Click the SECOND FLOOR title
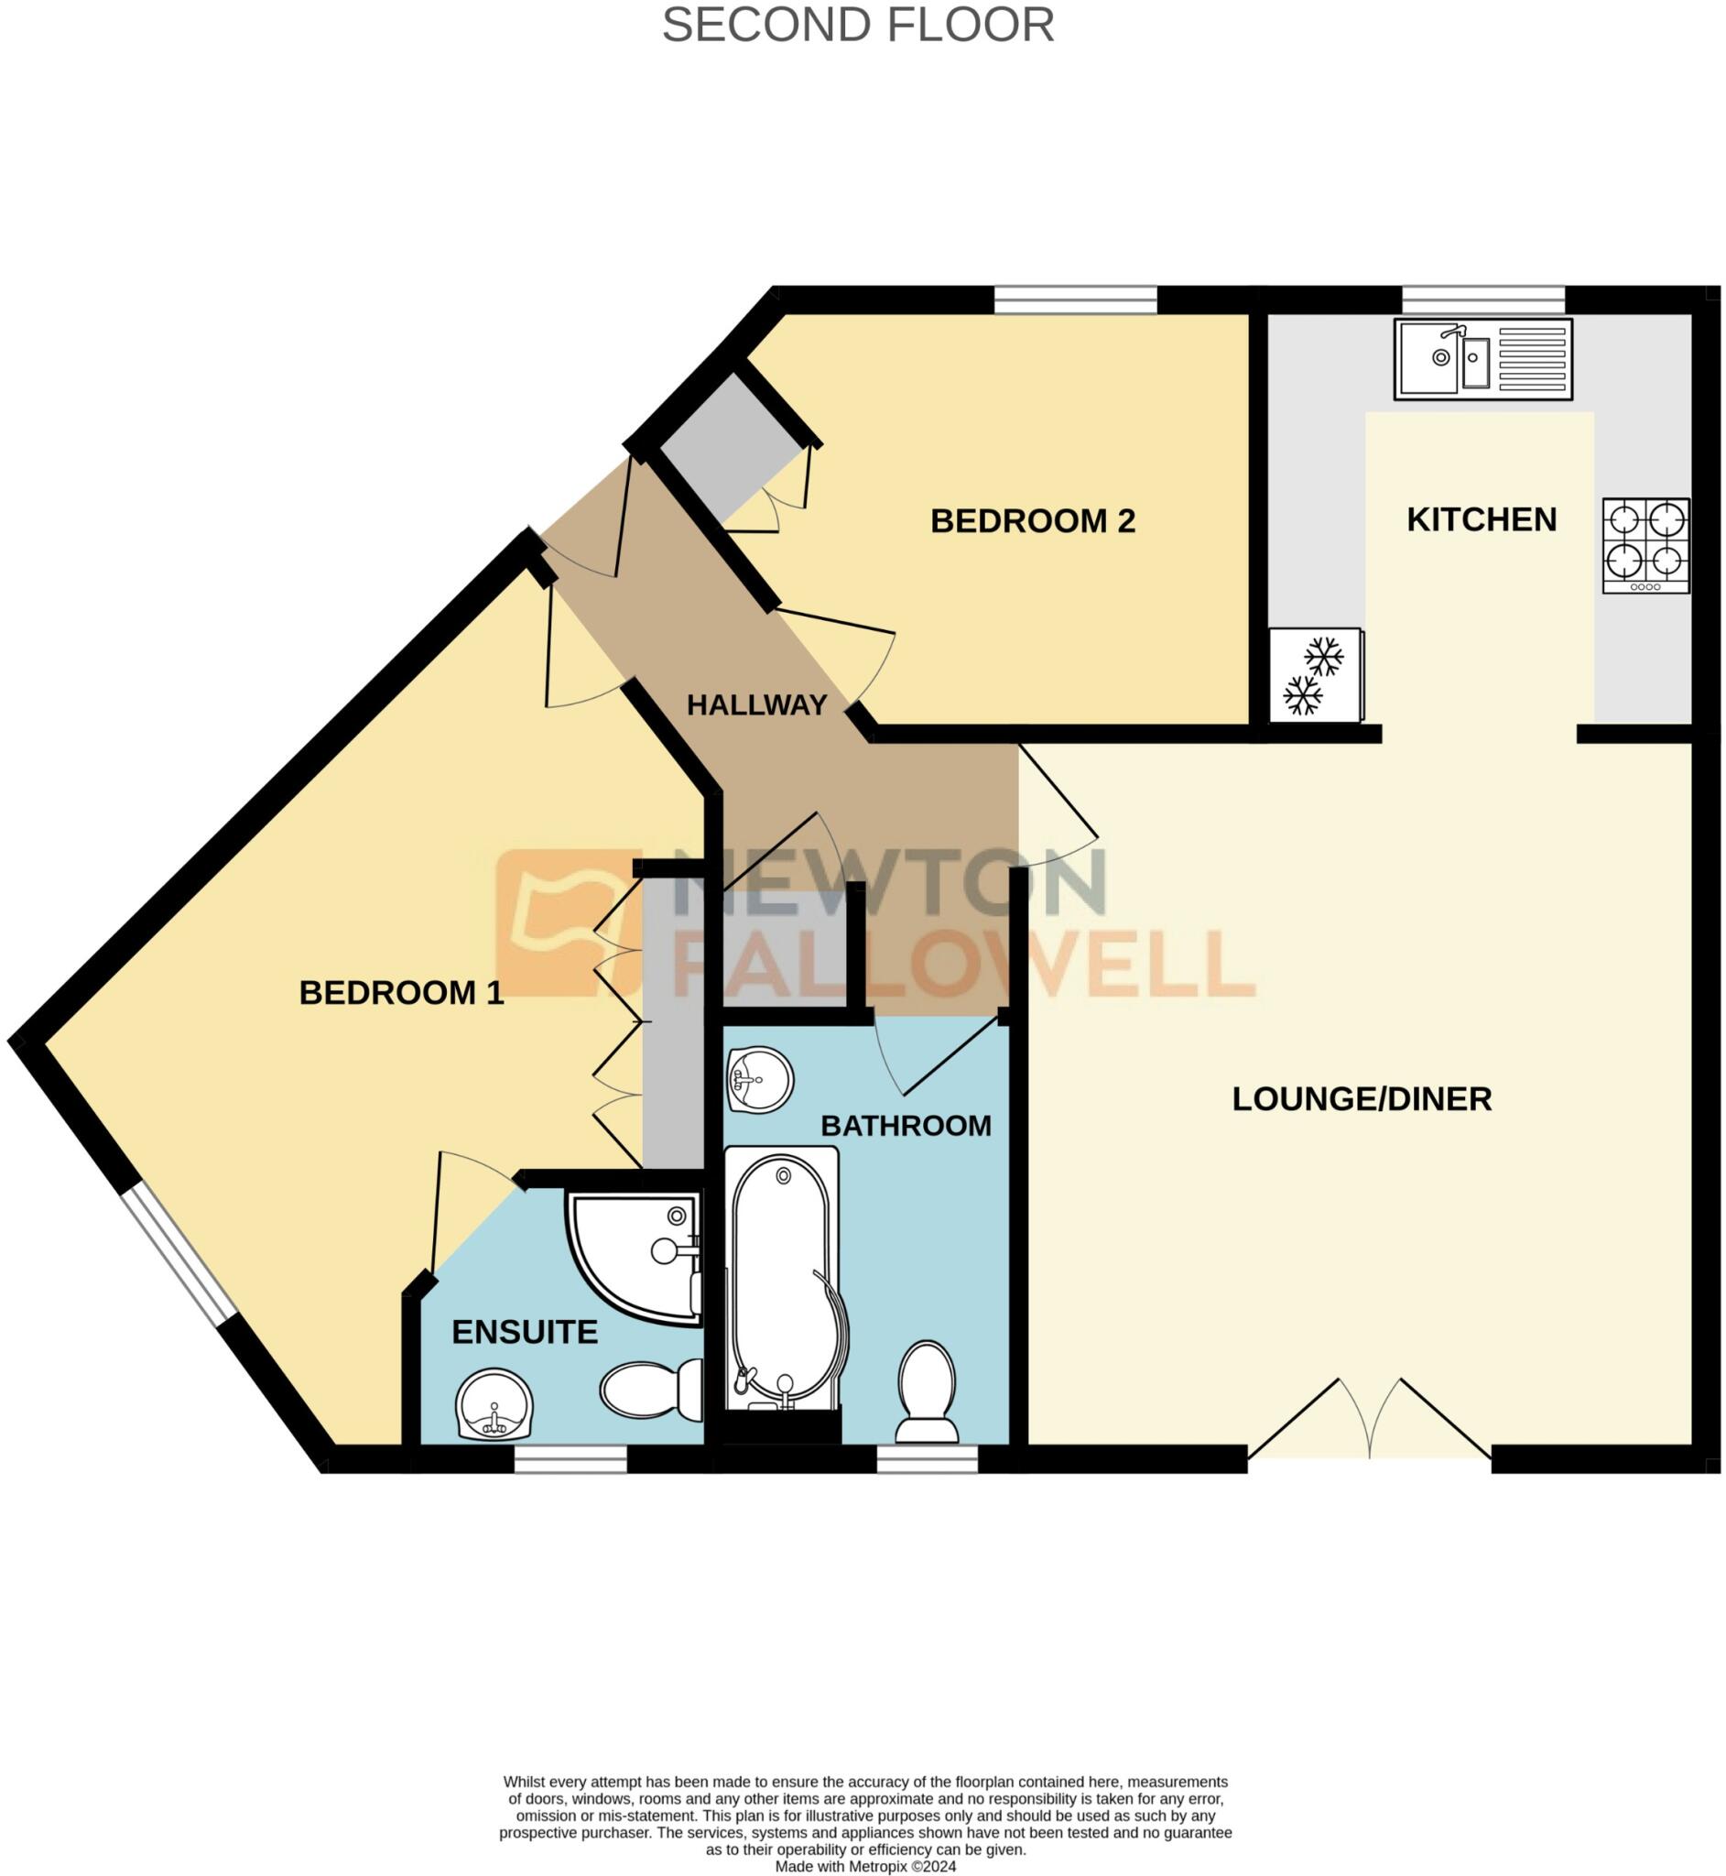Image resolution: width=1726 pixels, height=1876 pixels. pyautogui.click(x=857, y=26)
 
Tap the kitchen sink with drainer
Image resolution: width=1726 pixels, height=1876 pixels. pyautogui.click(x=1482, y=359)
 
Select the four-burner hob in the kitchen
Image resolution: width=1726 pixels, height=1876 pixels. pyautogui.click(x=1645, y=546)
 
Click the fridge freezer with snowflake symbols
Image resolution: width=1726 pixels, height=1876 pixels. pyautogui.click(x=1316, y=675)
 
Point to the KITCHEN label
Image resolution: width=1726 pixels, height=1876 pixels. pyautogui.click(x=1482, y=519)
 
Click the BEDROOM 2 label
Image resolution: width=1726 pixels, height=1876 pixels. pyautogui.click(x=1032, y=521)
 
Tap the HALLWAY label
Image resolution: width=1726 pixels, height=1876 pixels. pyautogui.click(x=756, y=705)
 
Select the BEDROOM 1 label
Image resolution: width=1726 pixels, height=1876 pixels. pyautogui.click(x=402, y=993)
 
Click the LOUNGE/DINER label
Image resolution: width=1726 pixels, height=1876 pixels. pyautogui.click(x=1361, y=1098)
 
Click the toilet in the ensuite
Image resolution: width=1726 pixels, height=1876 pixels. pyautogui.click(x=651, y=1390)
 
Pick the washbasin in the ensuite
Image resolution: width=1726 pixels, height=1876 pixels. pyautogui.click(x=495, y=1403)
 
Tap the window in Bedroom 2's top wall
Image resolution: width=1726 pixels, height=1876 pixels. pyautogui.click(x=1075, y=300)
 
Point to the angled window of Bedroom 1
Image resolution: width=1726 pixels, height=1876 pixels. pyautogui.click(x=178, y=1254)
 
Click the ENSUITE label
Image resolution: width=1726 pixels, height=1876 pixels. pyautogui.click(x=525, y=1332)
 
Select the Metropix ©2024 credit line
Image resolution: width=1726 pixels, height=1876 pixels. pyautogui.click(x=865, y=1867)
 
